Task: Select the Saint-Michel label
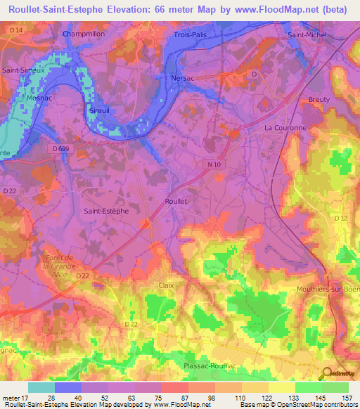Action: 306,34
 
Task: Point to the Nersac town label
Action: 184,79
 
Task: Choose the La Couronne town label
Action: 285,128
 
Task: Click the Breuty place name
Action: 319,100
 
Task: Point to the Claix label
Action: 167,285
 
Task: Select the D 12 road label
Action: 341,219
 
